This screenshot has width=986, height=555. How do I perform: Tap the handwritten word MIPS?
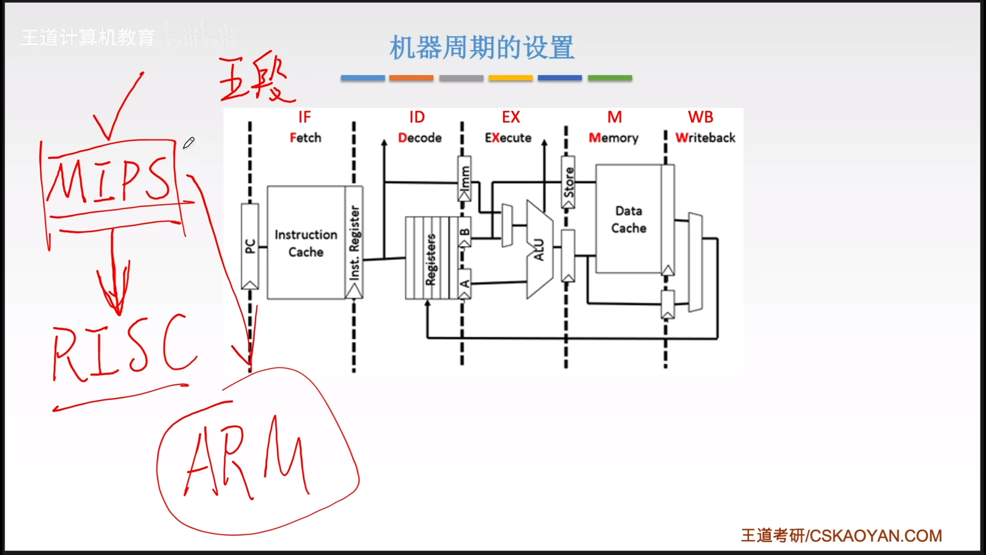point(110,181)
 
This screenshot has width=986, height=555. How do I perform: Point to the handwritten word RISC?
point(123,349)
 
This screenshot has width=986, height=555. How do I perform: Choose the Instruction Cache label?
point(306,243)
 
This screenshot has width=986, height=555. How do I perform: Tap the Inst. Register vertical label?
point(354,243)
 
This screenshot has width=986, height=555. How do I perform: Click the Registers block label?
point(430,259)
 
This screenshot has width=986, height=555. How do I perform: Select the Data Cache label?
point(629,219)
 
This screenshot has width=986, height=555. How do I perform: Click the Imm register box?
point(464,178)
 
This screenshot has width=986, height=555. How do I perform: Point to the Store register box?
point(568,182)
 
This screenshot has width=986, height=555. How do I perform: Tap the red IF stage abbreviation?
point(304,117)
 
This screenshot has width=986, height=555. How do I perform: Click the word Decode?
point(420,138)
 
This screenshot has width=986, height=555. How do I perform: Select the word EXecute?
point(508,138)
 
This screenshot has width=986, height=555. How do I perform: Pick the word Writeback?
point(705,138)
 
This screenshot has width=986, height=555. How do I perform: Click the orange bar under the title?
point(411,78)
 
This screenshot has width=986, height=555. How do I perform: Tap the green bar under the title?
point(610,78)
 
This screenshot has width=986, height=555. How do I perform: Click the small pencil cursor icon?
point(189,143)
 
